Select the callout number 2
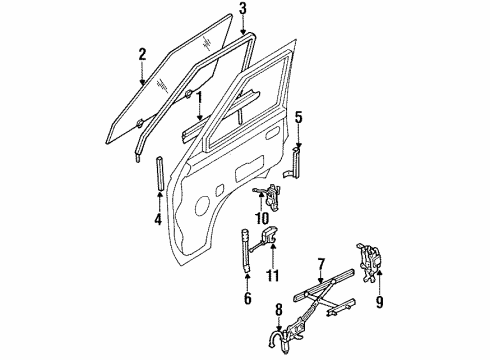coord(143,55)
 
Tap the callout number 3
coord(242,11)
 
